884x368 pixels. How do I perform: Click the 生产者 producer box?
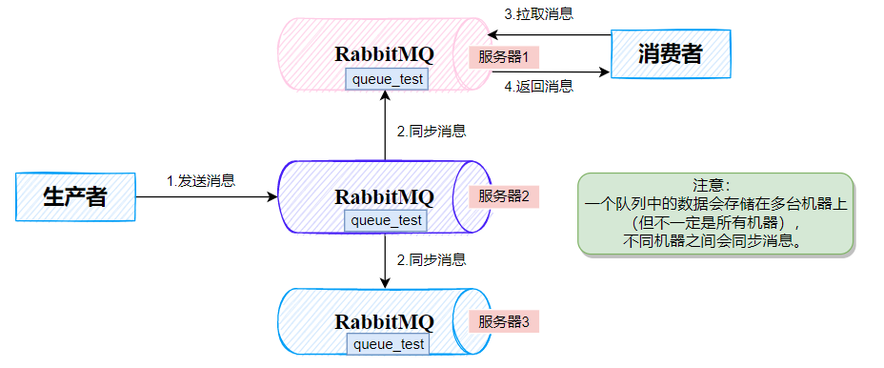(x=75, y=197)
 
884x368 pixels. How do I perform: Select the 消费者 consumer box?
(x=670, y=54)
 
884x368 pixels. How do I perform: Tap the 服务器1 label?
(x=504, y=55)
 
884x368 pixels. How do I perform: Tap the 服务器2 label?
(x=504, y=196)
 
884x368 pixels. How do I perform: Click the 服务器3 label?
(x=504, y=321)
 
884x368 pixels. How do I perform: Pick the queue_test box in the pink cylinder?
(x=387, y=79)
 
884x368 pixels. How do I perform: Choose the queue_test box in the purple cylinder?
(x=387, y=220)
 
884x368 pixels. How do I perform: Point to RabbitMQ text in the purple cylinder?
(x=384, y=197)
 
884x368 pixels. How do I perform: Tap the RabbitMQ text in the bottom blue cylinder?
(x=384, y=321)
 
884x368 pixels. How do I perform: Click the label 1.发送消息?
(x=201, y=180)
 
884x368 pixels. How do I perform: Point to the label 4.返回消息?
(x=538, y=87)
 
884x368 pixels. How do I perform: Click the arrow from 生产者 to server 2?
(x=205, y=197)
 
